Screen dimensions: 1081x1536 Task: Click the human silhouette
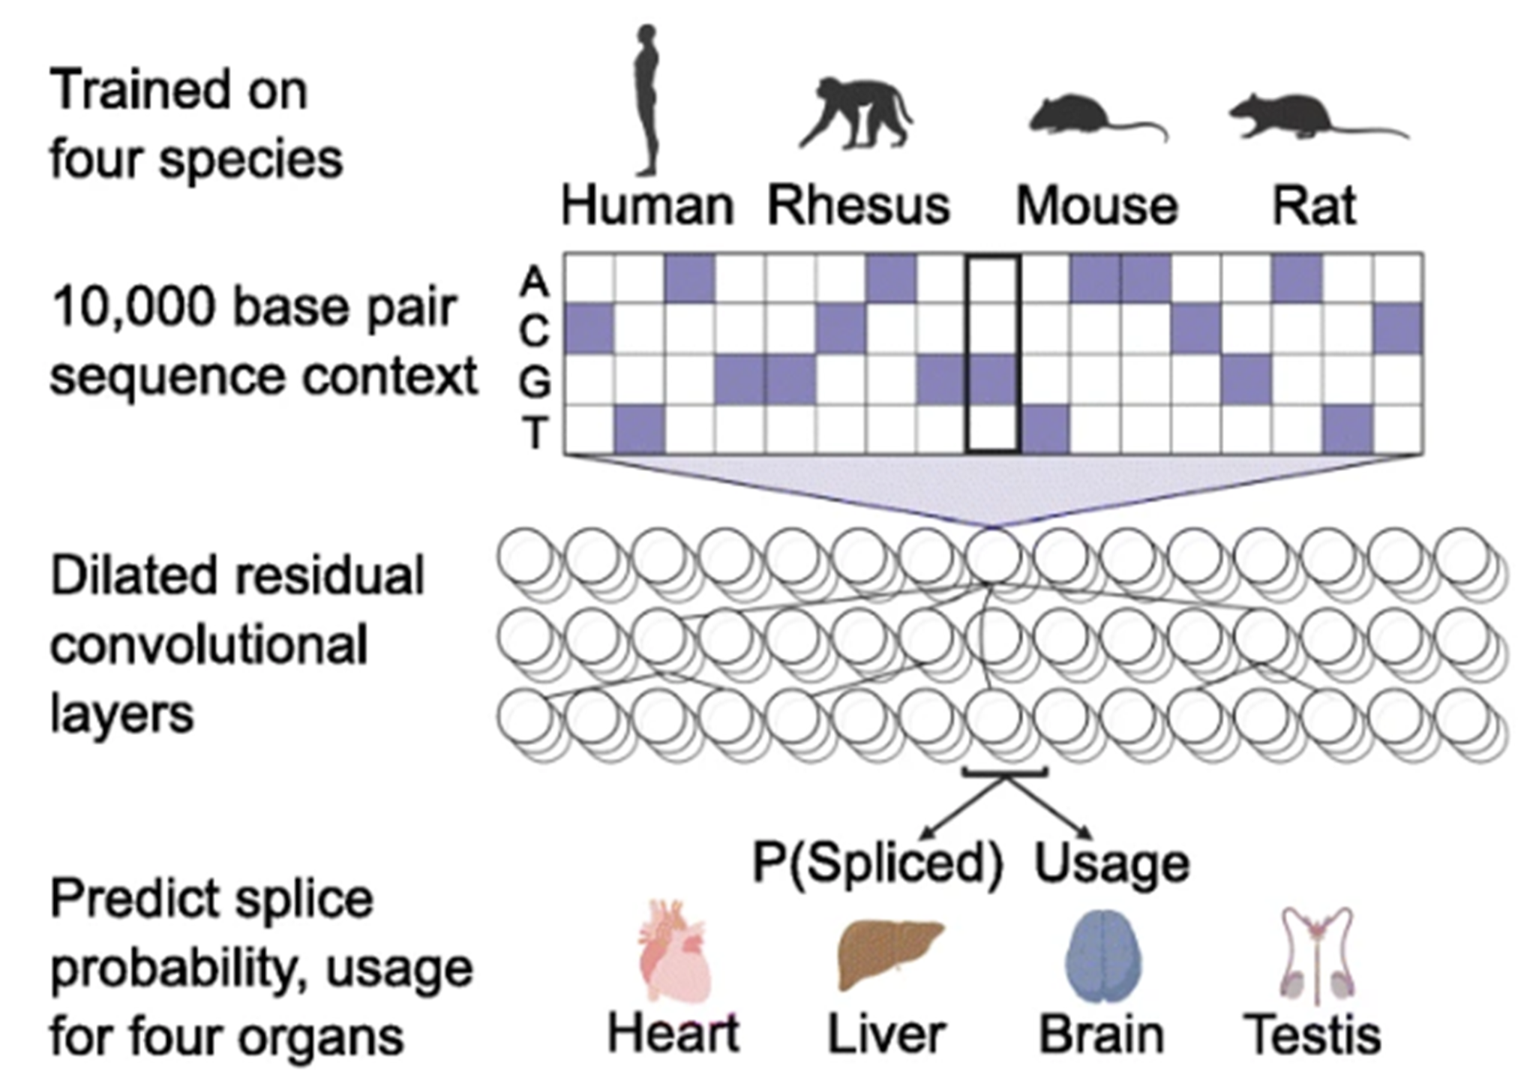click(646, 101)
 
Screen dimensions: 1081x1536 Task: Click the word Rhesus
click(859, 206)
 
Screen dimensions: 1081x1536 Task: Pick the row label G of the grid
click(534, 383)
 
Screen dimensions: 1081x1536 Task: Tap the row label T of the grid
click(535, 433)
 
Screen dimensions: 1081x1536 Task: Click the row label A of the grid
click(534, 282)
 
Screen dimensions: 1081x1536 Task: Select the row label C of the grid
click(534, 331)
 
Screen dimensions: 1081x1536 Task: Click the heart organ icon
click(673, 952)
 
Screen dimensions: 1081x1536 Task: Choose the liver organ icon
click(889, 953)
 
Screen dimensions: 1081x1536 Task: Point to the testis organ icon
click(1316, 953)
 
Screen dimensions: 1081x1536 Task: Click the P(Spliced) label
click(877, 863)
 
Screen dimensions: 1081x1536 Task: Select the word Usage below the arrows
click(1111, 863)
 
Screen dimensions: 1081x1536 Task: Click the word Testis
click(1312, 1034)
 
